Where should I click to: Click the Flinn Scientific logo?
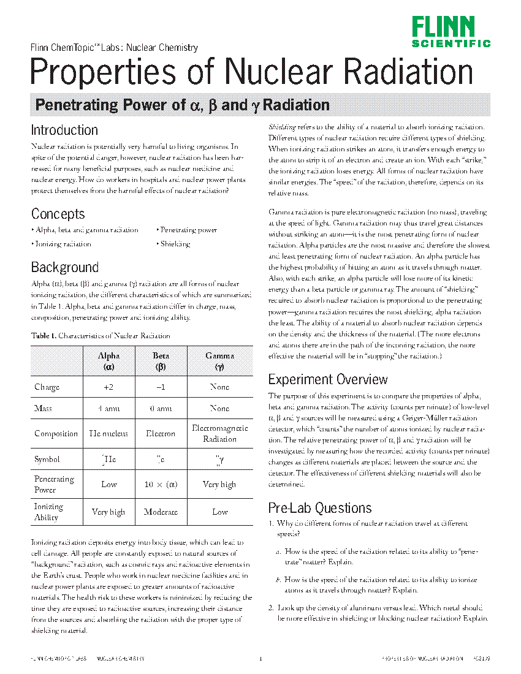pyautogui.click(x=451, y=32)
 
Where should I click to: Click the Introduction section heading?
pyautogui.click(x=64, y=131)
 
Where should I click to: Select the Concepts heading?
pyautogui.click(x=58, y=214)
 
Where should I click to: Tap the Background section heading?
pyautogui.click(x=64, y=268)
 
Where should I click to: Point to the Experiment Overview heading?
pyautogui.click(x=328, y=379)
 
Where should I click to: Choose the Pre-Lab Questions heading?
pyautogui.click(x=320, y=509)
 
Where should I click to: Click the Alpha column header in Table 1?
pyautogui.click(x=109, y=361)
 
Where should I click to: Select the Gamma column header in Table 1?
pyautogui.click(x=219, y=361)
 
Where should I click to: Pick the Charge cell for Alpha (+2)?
pyautogui.click(x=109, y=387)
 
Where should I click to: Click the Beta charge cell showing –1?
pyautogui.click(x=161, y=387)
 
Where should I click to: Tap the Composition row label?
pyautogui.click(x=56, y=434)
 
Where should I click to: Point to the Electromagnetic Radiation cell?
pyautogui.click(x=219, y=434)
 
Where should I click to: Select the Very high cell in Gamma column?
pyautogui.click(x=219, y=485)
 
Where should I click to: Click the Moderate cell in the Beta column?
pyautogui.click(x=161, y=512)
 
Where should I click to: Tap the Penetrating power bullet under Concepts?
pyautogui.click(x=188, y=230)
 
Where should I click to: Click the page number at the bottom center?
pyautogui.click(x=260, y=659)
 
